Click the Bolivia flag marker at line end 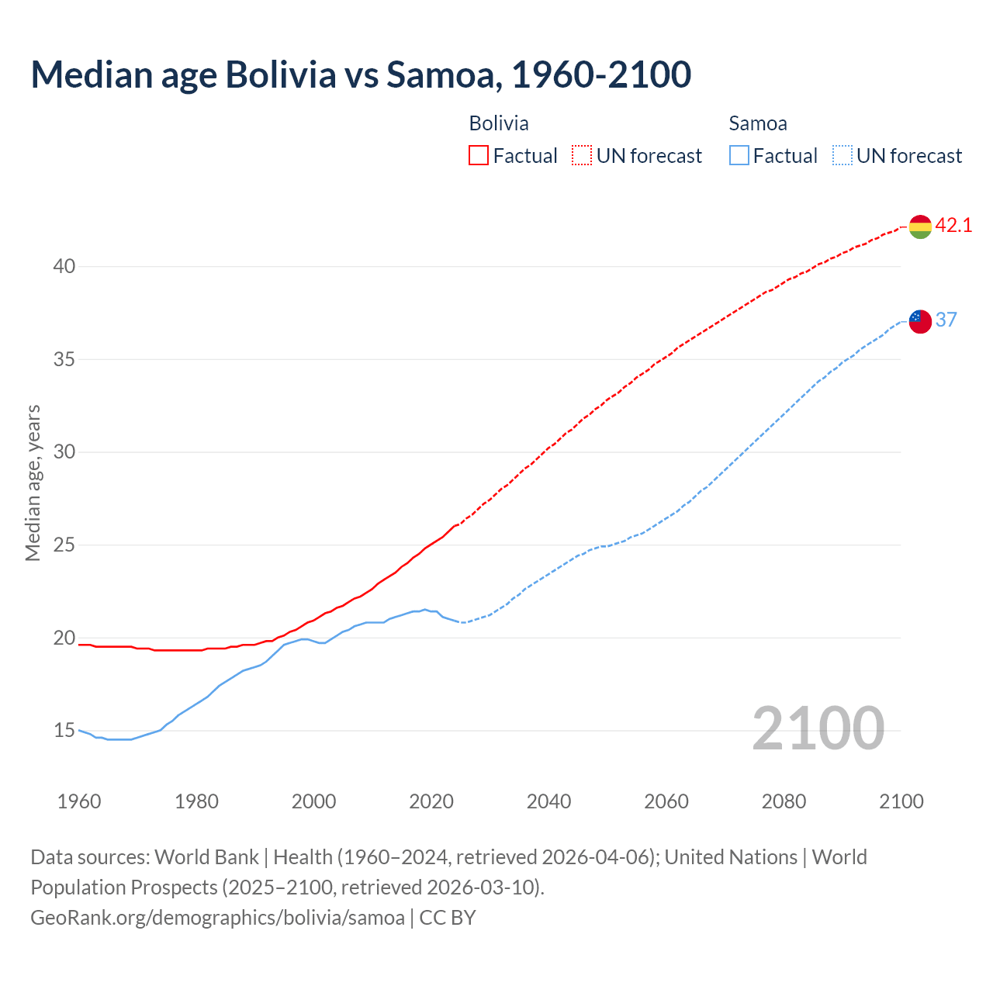[920, 227]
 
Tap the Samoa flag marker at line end [920, 320]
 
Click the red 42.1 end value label [953, 226]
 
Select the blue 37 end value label [946, 320]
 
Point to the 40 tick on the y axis [64, 266]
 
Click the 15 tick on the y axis [64, 731]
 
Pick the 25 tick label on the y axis [64, 545]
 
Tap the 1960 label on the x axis [79, 801]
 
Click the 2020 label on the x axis [431, 801]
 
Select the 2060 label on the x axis [666, 801]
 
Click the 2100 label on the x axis [901, 801]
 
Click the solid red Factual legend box [479, 156]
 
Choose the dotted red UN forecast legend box [582, 156]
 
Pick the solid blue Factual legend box [739, 156]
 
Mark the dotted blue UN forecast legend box [842, 156]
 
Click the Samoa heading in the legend [758, 123]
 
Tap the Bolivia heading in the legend [499, 123]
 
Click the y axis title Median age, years [33, 483]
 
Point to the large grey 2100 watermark [818, 728]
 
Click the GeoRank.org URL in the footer [217, 918]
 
